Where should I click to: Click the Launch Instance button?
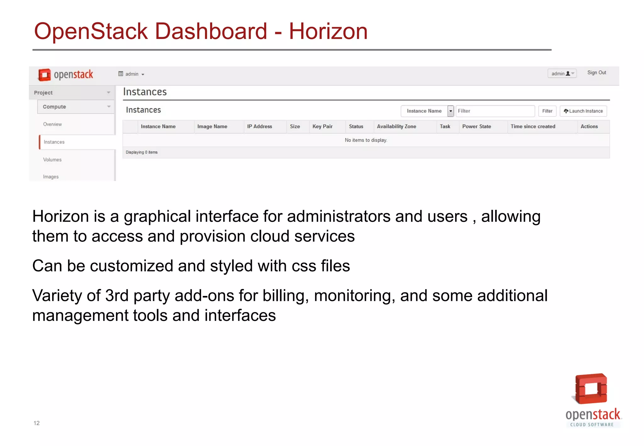click(x=583, y=111)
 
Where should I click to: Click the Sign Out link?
click(x=597, y=73)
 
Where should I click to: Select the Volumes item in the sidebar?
click(x=52, y=160)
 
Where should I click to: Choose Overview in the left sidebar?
click(x=53, y=124)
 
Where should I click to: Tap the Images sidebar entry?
click(x=51, y=177)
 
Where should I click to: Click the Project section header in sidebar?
click(x=72, y=93)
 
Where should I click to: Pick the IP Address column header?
click(x=259, y=126)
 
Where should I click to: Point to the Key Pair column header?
click(x=322, y=126)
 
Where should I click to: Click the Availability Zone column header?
click(x=397, y=126)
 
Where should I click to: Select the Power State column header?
click(x=476, y=126)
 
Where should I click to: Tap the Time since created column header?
click(x=533, y=126)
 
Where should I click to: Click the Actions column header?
click(x=589, y=126)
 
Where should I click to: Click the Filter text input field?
click(x=495, y=111)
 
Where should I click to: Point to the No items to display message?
click(x=366, y=140)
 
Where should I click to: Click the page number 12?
click(x=36, y=423)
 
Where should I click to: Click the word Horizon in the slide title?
click(x=328, y=31)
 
